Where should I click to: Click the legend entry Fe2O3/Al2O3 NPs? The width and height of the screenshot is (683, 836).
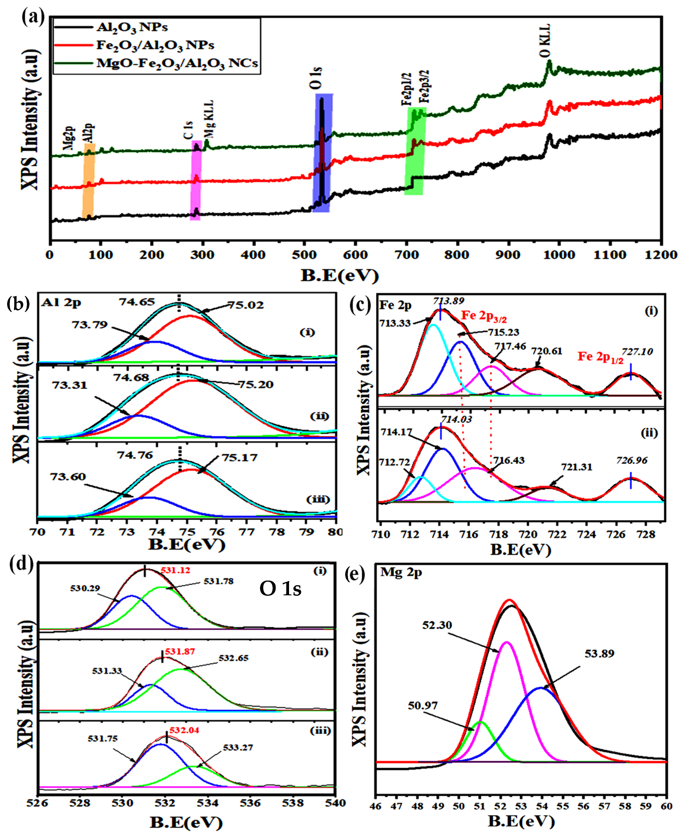click(x=155, y=45)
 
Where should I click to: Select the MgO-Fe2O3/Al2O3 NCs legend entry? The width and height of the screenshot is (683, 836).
click(x=177, y=63)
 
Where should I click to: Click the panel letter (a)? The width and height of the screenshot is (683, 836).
click(x=33, y=18)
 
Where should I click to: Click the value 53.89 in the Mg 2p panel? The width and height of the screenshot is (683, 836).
click(x=599, y=654)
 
